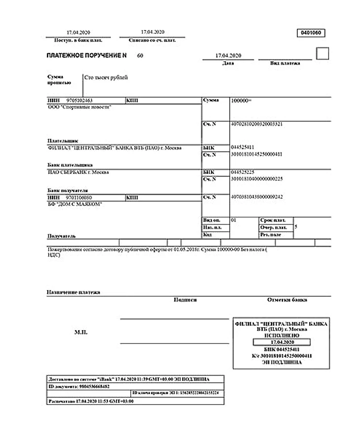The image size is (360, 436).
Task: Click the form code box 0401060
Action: click(x=311, y=33)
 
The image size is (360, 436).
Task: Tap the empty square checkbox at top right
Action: click(x=322, y=54)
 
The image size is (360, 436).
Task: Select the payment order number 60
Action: click(x=140, y=56)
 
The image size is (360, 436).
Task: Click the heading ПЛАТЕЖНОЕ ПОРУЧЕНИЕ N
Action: click(x=86, y=56)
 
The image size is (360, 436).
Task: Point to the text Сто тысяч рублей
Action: click(x=106, y=78)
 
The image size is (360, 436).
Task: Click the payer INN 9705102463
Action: click(x=79, y=101)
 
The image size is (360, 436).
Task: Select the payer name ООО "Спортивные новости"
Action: click(x=79, y=106)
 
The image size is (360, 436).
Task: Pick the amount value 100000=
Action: click(x=241, y=101)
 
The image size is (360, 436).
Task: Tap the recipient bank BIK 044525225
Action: click(x=242, y=172)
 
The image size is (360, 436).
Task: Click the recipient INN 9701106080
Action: click(x=79, y=198)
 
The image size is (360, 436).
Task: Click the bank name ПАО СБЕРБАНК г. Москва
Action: click(x=78, y=172)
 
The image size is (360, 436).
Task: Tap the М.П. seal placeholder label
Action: click(x=81, y=333)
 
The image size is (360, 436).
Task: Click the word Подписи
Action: click(x=185, y=300)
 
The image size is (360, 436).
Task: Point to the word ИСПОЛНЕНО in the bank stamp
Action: click(x=282, y=335)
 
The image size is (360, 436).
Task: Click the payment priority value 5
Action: click(x=295, y=228)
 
